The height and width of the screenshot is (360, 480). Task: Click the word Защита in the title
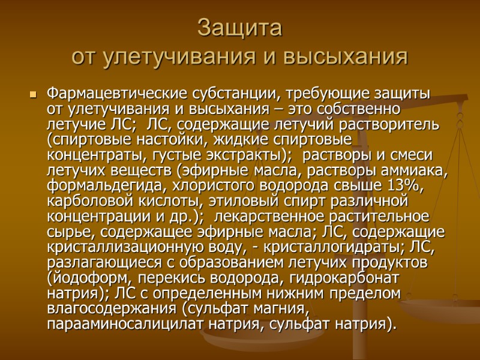pyautogui.click(x=239, y=28)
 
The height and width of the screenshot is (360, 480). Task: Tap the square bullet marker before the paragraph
pyautogui.click(x=33, y=95)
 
